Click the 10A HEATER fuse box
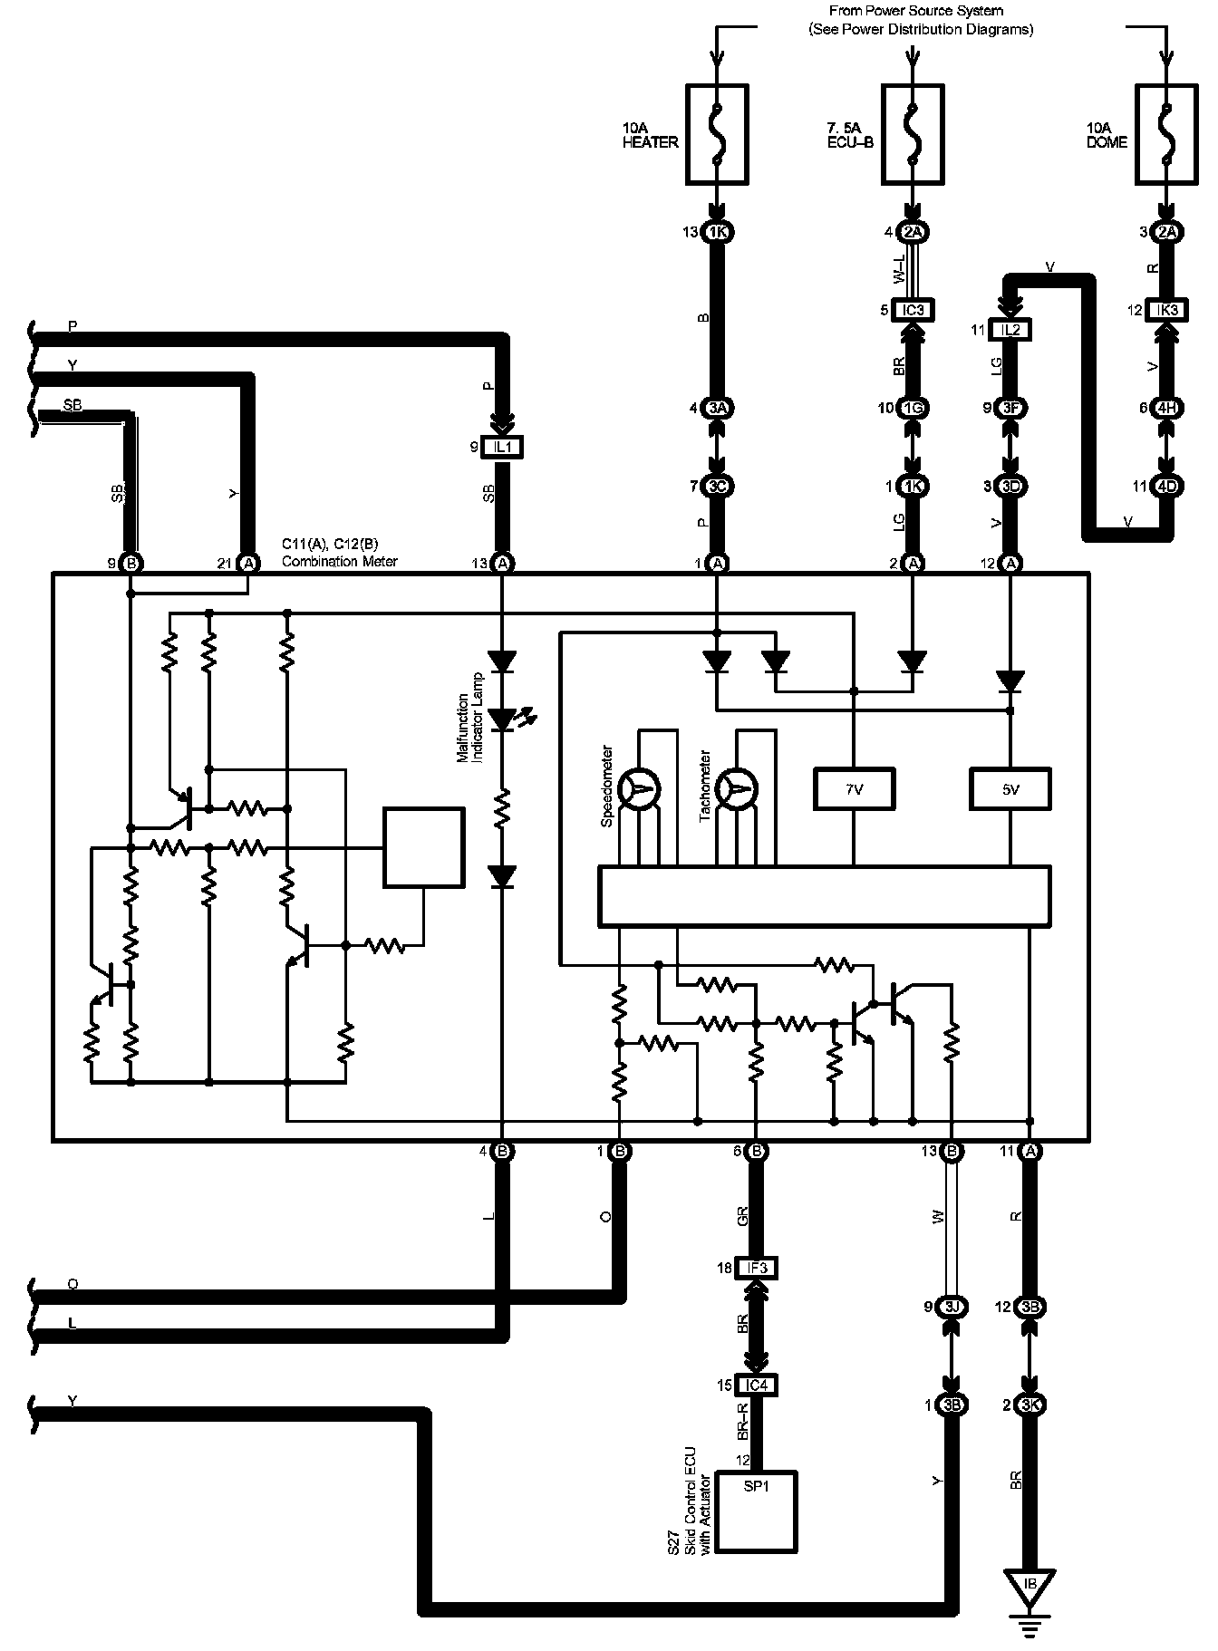pyautogui.click(x=717, y=134)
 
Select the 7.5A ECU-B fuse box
pyautogui.click(x=913, y=134)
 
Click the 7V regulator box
pyautogui.click(x=854, y=789)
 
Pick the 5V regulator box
pyautogui.click(x=1010, y=789)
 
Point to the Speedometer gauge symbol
pyautogui.click(x=644, y=790)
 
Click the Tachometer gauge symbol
pyautogui.click(x=740, y=790)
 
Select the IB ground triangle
pyautogui.click(x=1029, y=1584)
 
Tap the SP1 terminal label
pyautogui.click(x=757, y=1487)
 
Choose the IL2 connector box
pyautogui.click(x=1010, y=330)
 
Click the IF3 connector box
pyautogui.click(x=757, y=1268)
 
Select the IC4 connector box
pyautogui.click(x=757, y=1385)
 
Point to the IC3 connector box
pyautogui.click(x=913, y=310)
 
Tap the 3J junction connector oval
pyautogui.click(x=952, y=1307)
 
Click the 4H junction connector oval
pyautogui.click(x=1166, y=408)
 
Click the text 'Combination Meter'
pyautogui.click(x=339, y=561)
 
